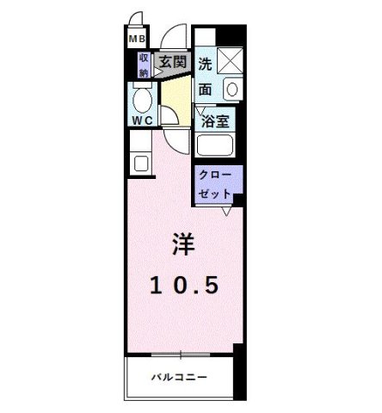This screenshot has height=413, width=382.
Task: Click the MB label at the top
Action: (136, 40)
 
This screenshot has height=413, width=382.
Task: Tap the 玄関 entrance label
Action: (172, 63)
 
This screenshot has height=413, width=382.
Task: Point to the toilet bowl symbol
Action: (142, 97)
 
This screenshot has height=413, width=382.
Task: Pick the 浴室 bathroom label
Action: (215, 121)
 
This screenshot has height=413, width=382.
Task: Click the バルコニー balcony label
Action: (180, 377)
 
